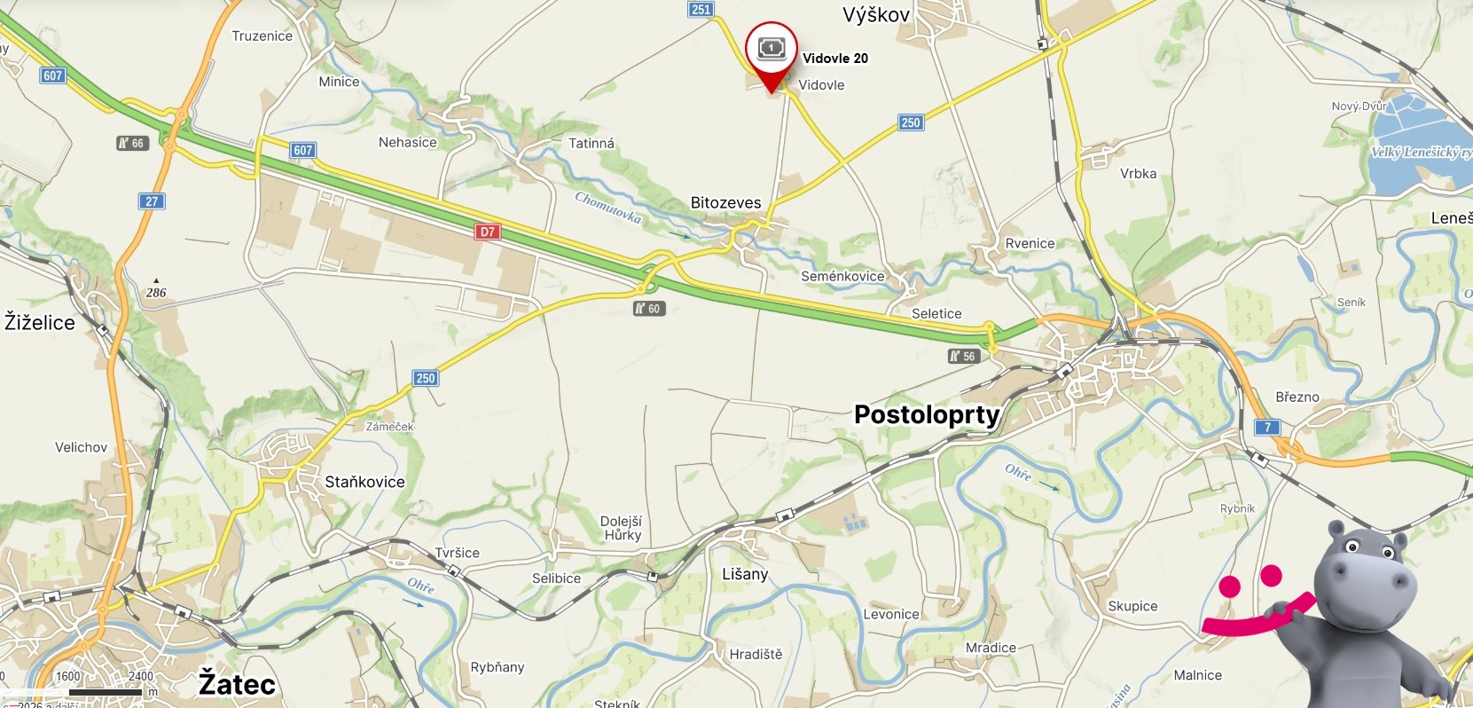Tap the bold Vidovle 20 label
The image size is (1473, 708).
(834, 59)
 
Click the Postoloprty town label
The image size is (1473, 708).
(927, 414)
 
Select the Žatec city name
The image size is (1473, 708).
(237, 684)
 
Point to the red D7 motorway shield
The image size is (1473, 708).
(487, 232)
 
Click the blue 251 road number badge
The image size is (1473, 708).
(701, 10)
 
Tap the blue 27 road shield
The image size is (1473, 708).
(152, 201)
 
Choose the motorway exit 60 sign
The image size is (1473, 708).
(649, 309)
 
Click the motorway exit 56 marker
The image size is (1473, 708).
(963, 357)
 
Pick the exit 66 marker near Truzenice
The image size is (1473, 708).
(132, 143)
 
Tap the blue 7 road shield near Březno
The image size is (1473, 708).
(1267, 428)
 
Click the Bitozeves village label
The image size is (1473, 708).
(725, 202)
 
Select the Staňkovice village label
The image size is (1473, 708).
(364, 482)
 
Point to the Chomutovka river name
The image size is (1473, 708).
(607, 208)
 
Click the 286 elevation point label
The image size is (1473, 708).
(156, 292)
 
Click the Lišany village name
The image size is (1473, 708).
(745, 574)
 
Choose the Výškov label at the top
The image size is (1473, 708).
(876, 14)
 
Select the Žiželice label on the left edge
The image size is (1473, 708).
(40, 322)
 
